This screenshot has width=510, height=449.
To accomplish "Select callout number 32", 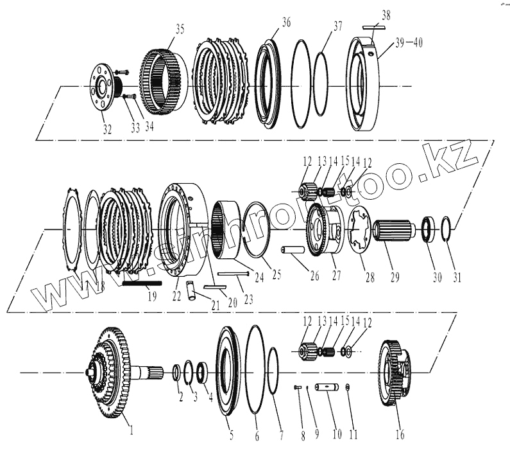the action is click(106, 129).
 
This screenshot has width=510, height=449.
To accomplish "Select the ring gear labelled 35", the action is click(163, 80).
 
